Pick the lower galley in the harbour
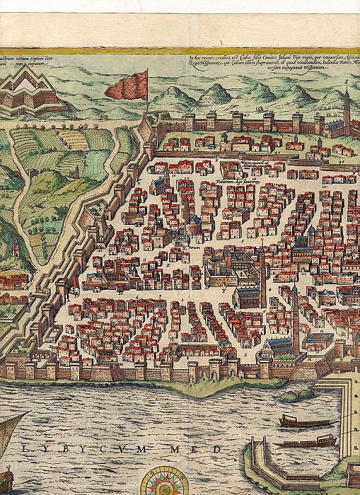(x=310, y=442)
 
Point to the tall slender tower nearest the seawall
(x=294, y=318)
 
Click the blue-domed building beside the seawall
(x=270, y=350)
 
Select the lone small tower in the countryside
(x=14, y=248)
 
